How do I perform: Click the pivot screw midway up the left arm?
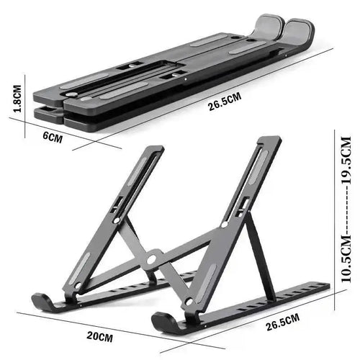coord(116,220)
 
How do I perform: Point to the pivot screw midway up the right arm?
coord(225,224)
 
